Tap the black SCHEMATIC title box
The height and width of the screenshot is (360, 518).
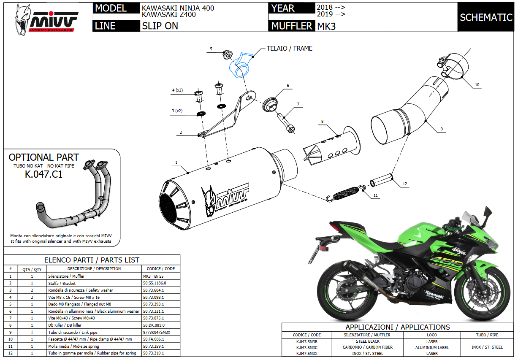(486, 17)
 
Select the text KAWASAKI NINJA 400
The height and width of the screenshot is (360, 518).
(178, 8)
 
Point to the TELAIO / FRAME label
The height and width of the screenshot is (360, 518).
(289, 49)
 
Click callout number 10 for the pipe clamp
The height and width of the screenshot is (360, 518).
(477, 85)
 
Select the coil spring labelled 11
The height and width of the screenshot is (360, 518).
(346, 192)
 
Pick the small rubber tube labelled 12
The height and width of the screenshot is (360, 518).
(382, 182)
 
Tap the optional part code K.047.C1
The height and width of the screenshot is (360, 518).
(43, 174)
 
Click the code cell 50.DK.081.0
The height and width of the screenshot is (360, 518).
(154, 325)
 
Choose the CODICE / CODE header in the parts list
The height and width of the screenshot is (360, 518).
(160, 269)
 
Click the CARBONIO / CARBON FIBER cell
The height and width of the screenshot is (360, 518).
(367, 347)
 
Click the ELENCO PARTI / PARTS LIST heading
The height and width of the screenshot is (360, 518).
(92, 260)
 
